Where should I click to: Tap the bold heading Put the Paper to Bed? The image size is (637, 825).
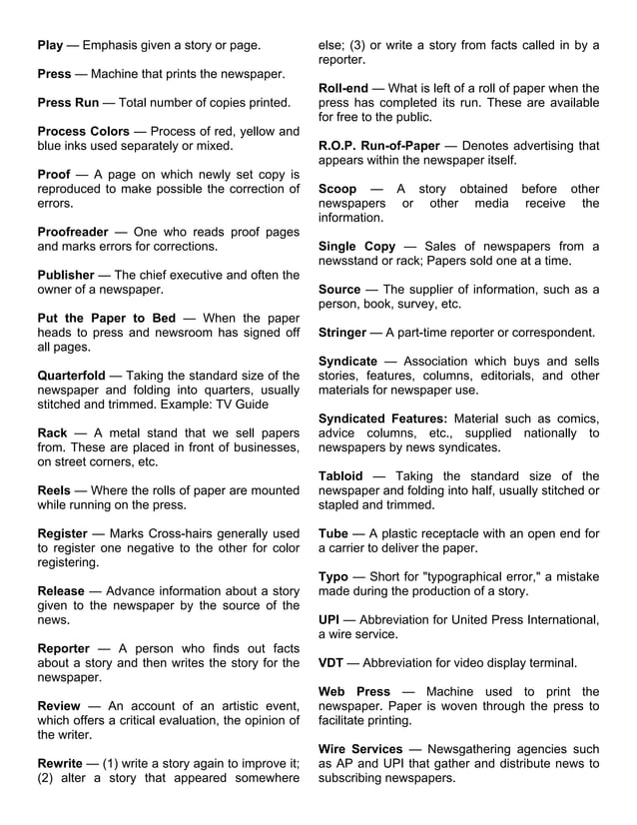pyautogui.click(x=106, y=318)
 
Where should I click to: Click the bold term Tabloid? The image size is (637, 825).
pyautogui.click(x=340, y=475)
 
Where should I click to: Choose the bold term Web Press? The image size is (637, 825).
pyautogui.click(x=353, y=691)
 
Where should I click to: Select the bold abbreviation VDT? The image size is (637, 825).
pyautogui.click(x=331, y=662)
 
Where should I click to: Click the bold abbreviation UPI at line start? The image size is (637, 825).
pyautogui.click(x=330, y=619)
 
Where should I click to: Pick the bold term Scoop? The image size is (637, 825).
pyautogui.click(x=337, y=189)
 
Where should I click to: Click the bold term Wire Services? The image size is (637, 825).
pyautogui.click(x=360, y=749)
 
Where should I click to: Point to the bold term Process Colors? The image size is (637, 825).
pyautogui.click(x=84, y=131)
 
